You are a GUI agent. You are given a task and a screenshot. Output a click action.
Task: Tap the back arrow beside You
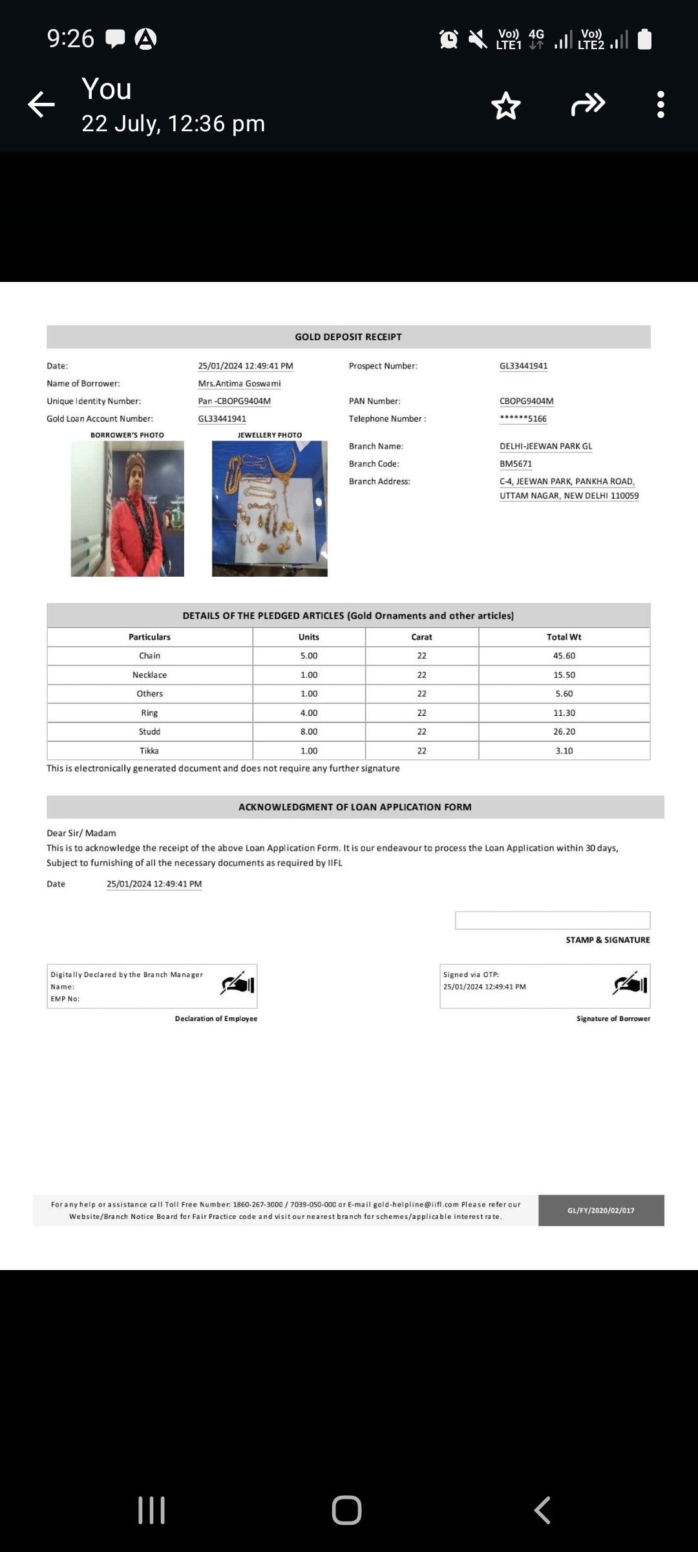41,104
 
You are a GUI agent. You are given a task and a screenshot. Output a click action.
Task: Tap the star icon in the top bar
505,105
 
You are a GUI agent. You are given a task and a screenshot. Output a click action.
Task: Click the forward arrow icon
587,104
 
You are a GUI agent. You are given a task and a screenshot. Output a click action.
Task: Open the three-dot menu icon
660,104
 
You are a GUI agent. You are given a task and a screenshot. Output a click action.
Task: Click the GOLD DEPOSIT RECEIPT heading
348,337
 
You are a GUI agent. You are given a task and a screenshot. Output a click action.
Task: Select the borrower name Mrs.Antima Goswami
239,383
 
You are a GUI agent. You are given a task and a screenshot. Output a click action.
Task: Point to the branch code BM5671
516,464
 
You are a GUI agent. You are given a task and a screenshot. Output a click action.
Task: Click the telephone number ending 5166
523,418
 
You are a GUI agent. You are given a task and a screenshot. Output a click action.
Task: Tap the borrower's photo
127,508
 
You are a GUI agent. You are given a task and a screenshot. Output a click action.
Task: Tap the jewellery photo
270,508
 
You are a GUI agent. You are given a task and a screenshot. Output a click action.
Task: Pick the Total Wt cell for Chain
564,656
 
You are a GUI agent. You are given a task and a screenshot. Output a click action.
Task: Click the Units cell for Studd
309,731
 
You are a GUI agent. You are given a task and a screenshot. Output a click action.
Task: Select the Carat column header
421,637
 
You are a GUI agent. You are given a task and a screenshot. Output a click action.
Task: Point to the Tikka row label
149,751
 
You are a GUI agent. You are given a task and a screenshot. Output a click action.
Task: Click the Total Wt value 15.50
564,674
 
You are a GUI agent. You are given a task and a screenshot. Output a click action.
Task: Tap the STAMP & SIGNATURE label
608,940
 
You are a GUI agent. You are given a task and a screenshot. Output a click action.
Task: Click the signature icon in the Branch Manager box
238,984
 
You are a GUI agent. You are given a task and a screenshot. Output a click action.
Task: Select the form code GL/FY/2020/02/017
600,1210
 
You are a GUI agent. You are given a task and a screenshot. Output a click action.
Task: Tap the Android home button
346,1510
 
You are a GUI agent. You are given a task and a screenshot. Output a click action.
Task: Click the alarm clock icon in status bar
449,39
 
